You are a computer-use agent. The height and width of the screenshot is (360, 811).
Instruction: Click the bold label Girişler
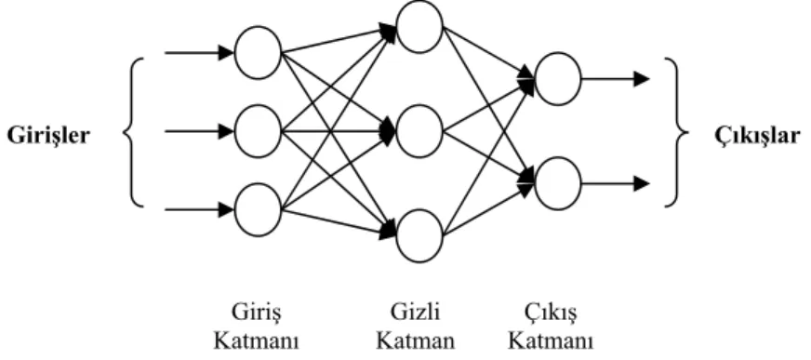point(48,136)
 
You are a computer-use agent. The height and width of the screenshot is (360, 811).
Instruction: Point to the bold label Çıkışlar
point(758,136)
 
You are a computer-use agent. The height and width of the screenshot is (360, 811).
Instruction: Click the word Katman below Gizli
point(416,341)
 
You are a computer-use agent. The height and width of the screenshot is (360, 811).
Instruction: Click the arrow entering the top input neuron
point(199,53)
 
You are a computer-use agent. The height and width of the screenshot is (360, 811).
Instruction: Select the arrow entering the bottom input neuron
point(199,210)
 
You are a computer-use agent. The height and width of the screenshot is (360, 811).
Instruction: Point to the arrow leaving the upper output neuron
point(615,79)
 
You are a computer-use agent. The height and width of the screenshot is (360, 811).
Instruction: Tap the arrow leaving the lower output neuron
point(615,183)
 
